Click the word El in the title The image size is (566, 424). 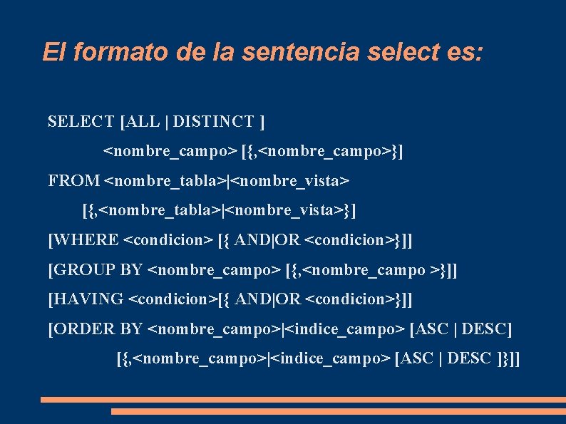point(53,52)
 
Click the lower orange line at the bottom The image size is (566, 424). point(338,411)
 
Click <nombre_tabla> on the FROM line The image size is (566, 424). point(164,181)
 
